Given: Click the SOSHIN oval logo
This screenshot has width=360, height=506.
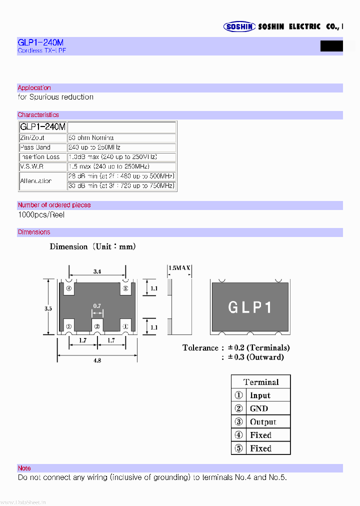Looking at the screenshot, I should point(239,27).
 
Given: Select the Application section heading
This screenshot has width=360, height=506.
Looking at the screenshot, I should point(34,88).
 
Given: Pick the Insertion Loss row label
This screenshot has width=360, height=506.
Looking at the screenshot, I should point(39,157).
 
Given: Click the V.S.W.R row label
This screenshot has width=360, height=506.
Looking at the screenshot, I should point(31,166).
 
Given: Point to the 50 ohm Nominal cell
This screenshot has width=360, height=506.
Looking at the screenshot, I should point(91,137).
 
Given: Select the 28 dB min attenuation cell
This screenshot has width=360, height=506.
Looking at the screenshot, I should point(121,176).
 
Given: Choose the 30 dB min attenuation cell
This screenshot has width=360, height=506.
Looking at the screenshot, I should point(121,185).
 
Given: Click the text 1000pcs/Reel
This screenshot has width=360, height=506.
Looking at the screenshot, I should point(41,215).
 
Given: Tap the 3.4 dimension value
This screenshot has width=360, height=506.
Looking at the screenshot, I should point(97,271).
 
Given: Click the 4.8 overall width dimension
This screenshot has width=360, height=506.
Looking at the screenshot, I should point(97,360).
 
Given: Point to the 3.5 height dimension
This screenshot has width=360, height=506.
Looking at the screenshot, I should point(47,309).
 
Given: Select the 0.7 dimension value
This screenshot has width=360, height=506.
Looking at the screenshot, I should point(97,305).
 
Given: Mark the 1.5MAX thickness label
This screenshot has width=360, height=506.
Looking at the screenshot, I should point(179,268).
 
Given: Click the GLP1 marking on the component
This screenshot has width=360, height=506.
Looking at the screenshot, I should point(250,307).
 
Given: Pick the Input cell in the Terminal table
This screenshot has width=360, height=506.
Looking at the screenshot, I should point(260,395).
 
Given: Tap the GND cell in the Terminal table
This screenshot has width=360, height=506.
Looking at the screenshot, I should point(259,408).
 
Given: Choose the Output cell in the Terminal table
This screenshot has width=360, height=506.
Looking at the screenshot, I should point(262,422).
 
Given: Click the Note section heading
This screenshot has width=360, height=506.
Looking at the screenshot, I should point(24,468).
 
